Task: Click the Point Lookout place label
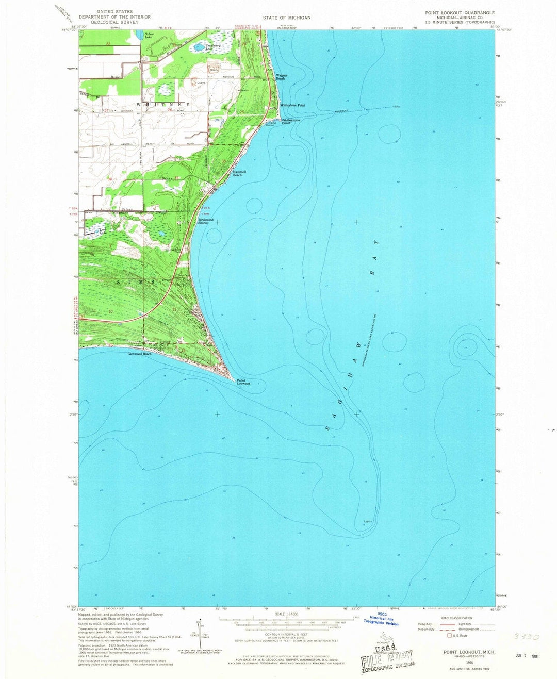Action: (243, 382)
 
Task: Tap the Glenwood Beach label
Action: (140, 354)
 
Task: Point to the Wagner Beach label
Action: (282, 77)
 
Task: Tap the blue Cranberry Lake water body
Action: (198, 48)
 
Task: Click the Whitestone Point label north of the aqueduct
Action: (292, 105)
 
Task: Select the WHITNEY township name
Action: (160, 105)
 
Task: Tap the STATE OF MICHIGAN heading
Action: (287, 18)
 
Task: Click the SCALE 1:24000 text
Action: (287, 614)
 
